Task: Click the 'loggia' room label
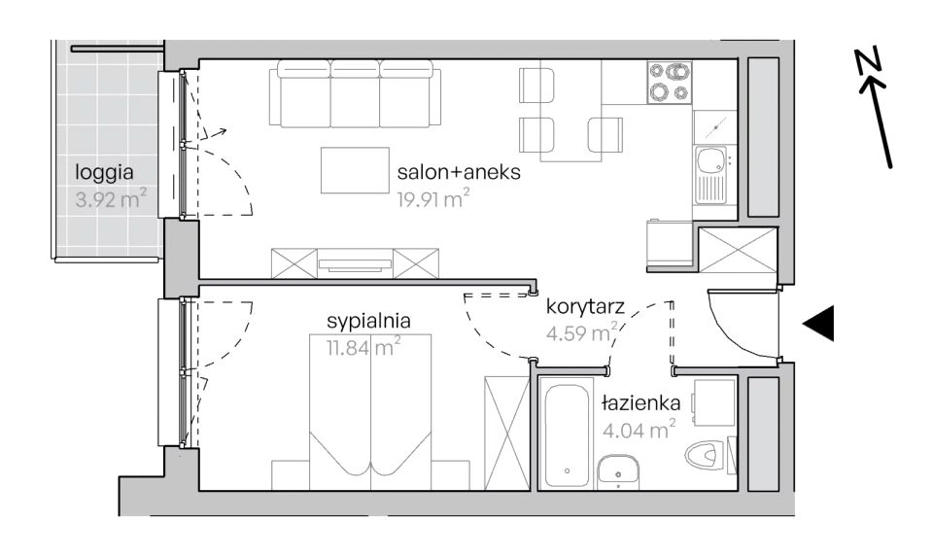click(x=104, y=173)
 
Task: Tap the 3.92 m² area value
click(x=111, y=199)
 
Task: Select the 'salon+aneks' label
click(x=459, y=172)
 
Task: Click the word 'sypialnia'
click(x=369, y=322)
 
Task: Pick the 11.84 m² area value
click(x=363, y=347)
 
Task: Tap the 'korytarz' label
click(x=585, y=306)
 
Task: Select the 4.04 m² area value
click(x=639, y=430)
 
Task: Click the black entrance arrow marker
click(x=818, y=324)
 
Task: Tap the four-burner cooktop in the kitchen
click(x=670, y=83)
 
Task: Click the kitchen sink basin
click(x=709, y=159)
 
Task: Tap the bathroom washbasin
click(x=619, y=470)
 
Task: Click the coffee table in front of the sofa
click(x=355, y=170)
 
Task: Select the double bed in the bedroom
click(x=370, y=411)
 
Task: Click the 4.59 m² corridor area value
click(x=582, y=332)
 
